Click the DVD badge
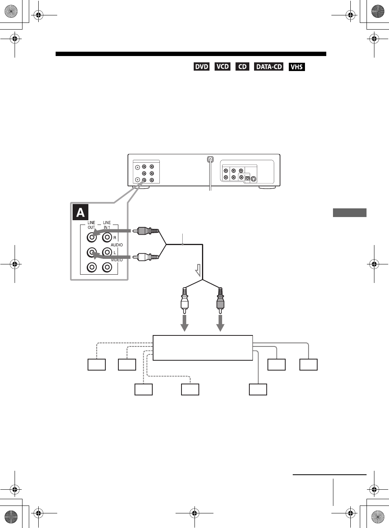click(201, 67)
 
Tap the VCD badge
click(223, 66)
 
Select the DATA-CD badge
click(269, 67)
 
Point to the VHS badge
click(296, 67)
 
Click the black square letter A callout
click(80, 212)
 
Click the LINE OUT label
click(91, 225)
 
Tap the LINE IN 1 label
click(107, 225)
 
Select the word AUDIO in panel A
click(117, 245)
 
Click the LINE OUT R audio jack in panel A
click(92, 237)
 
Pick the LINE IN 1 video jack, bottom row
click(107, 268)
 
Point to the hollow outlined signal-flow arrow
click(198, 270)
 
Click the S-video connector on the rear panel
click(254, 179)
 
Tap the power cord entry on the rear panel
click(210, 160)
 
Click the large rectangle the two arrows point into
click(202, 348)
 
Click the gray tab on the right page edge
click(350, 213)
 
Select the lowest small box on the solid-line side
click(258, 389)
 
